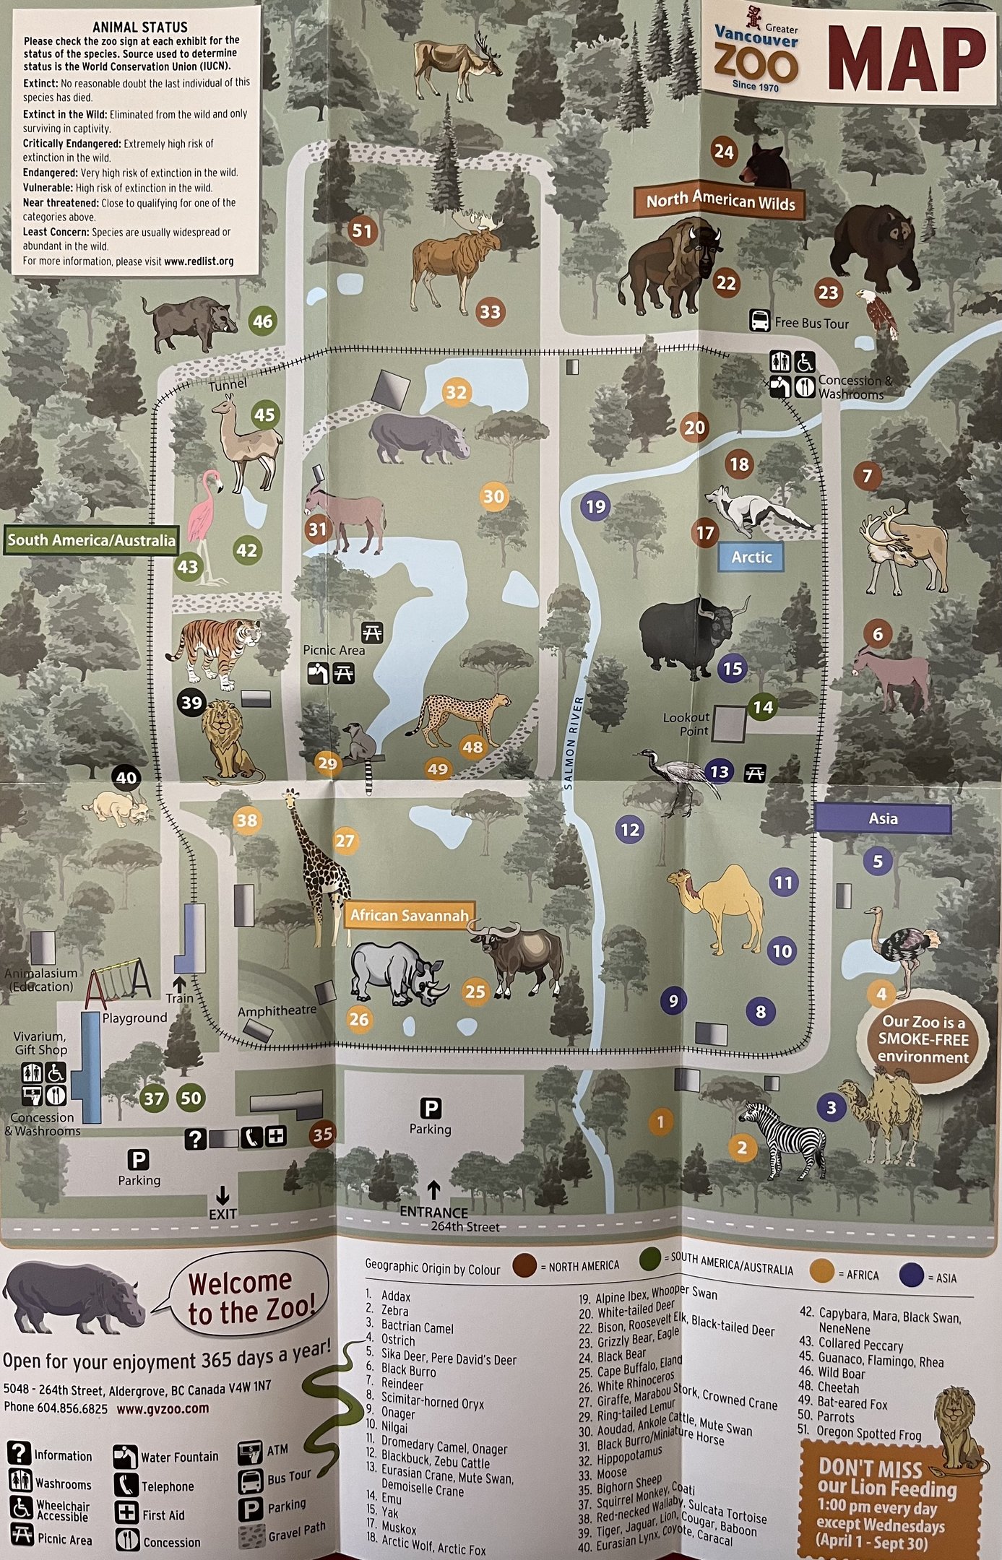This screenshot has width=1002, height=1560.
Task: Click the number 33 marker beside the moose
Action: click(491, 312)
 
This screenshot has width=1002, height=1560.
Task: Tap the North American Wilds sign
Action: click(720, 201)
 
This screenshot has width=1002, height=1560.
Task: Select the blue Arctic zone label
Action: click(751, 557)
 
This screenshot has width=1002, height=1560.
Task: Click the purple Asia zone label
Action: click(883, 818)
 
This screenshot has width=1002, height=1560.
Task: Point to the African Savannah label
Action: click(409, 916)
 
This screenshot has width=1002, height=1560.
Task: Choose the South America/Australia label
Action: click(91, 539)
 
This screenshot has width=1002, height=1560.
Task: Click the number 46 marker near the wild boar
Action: click(262, 321)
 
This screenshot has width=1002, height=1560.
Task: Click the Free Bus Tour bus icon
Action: click(760, 321)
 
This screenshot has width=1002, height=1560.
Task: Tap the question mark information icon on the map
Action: click(195, 1139)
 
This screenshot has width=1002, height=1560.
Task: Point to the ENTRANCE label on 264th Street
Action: click(433, 1212)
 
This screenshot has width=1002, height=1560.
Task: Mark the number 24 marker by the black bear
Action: click(723, 152)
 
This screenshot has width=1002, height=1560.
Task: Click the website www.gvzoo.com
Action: click(163, 1408)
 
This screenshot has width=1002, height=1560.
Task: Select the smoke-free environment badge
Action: click(923, 1039)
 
